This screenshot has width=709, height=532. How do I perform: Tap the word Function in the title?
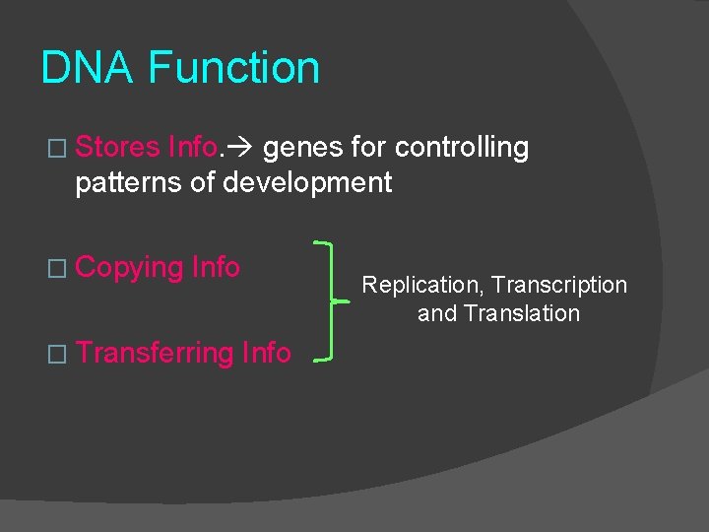click(x=233, y=69)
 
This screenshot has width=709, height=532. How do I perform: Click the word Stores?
click(x=117, y=148)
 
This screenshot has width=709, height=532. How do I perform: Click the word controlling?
click(x=462, y=148)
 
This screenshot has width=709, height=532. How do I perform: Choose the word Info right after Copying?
click(x=216, y=267)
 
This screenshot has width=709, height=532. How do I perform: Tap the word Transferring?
click(x=155, y=353)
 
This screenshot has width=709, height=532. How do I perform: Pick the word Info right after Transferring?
click(x=267, y=352)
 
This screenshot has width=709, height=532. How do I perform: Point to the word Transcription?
click(x=559, y=286)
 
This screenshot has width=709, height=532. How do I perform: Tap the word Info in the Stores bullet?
click(x=193, y=148)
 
